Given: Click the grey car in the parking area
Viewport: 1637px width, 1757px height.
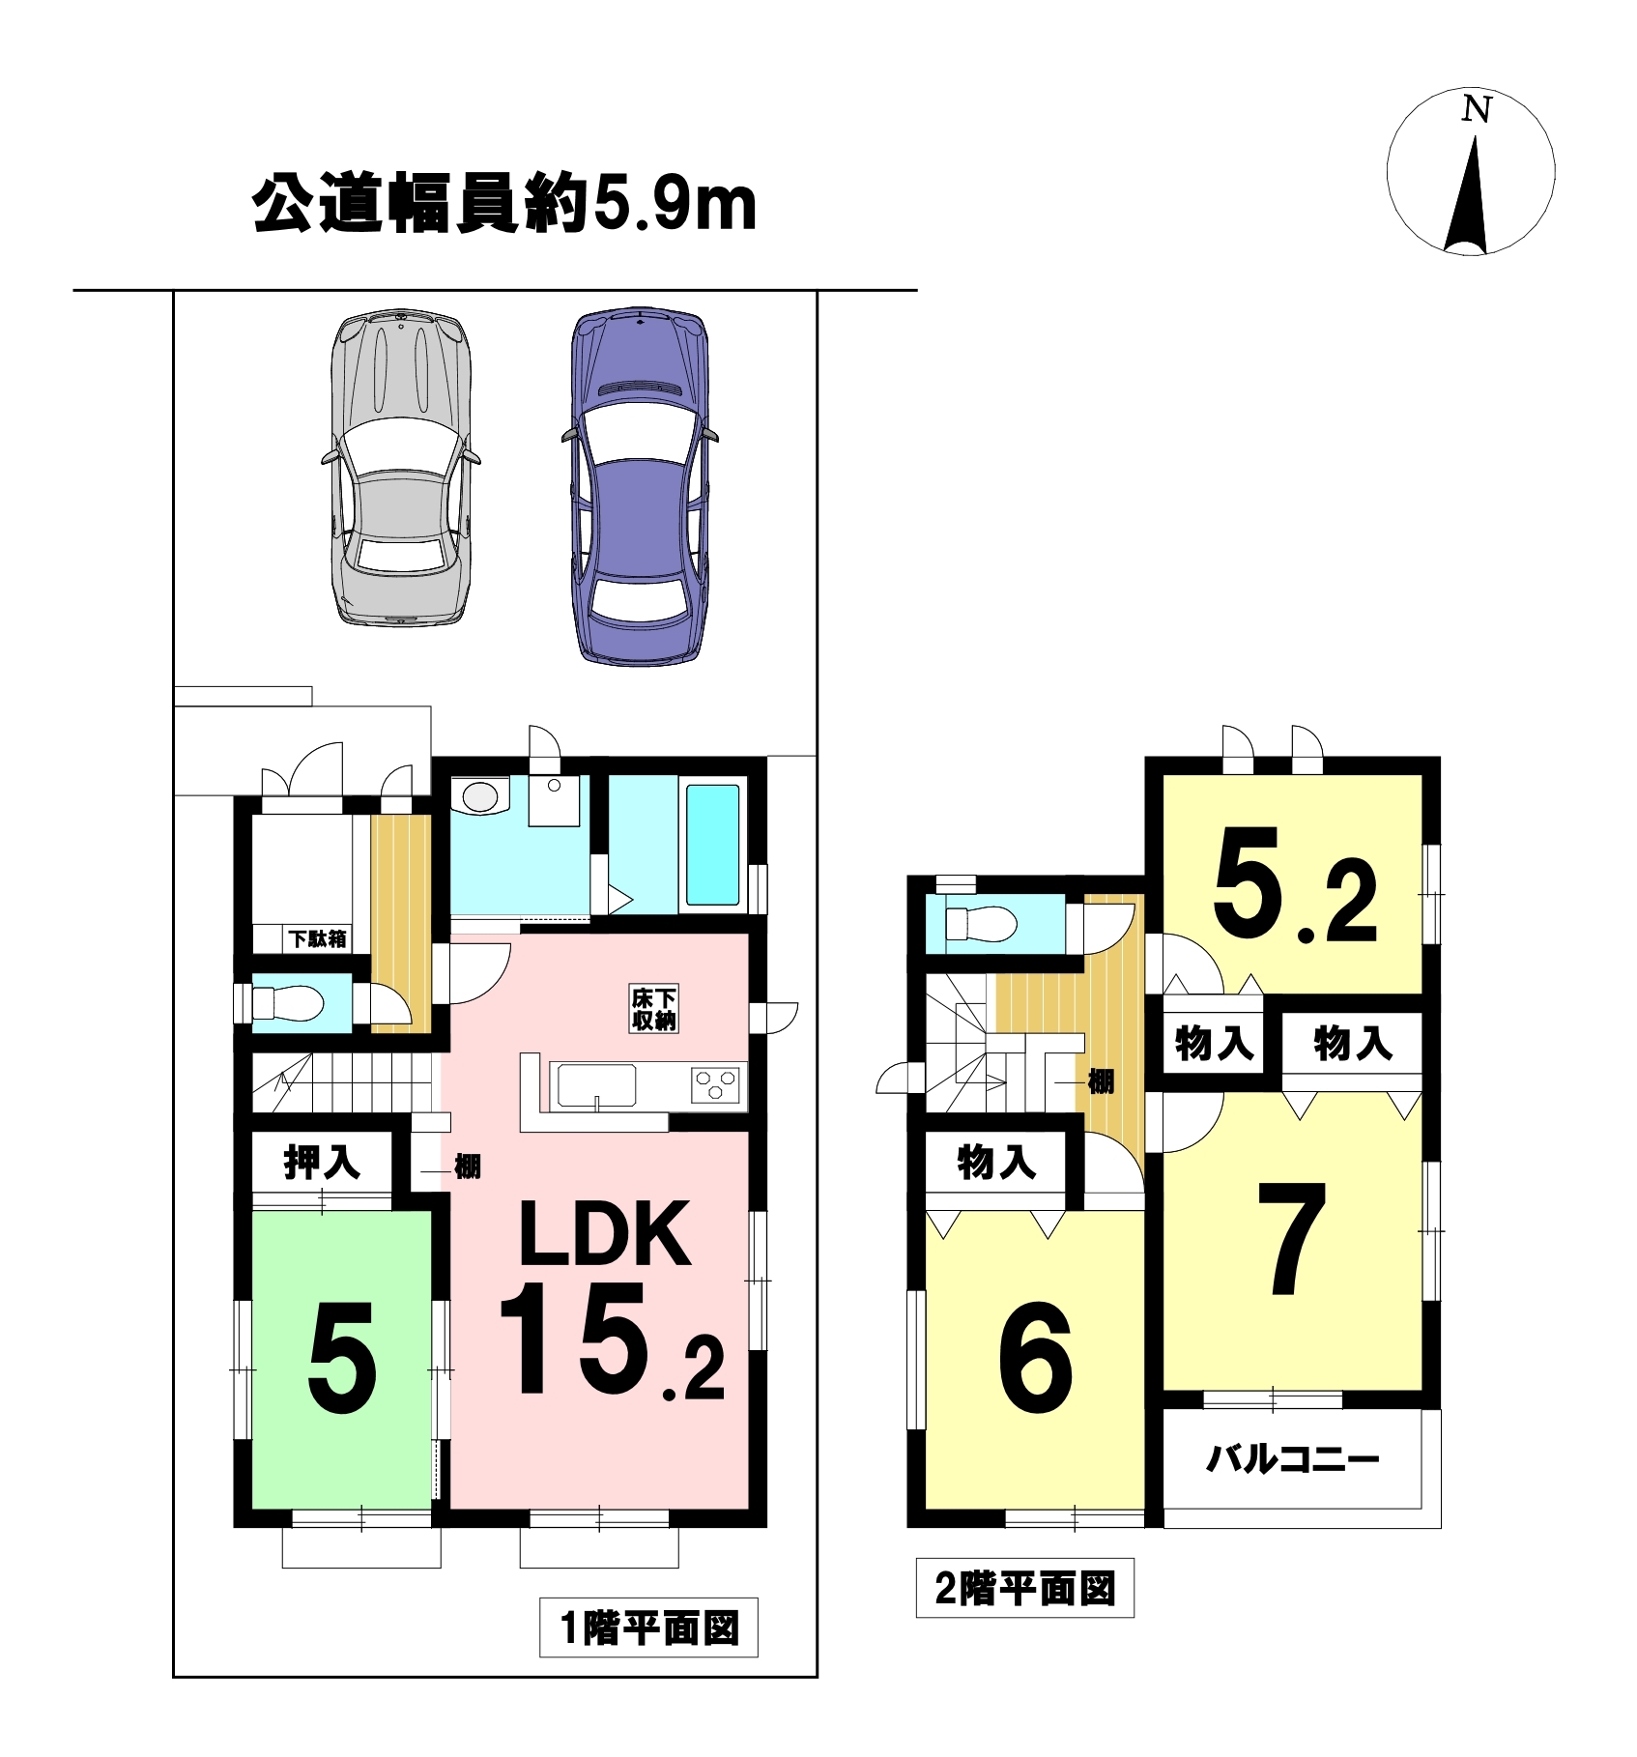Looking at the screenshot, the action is coord(400,468).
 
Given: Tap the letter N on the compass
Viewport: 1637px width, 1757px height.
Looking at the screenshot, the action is coord(1476,109).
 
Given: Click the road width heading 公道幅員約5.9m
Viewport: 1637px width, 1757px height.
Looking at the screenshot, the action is coord(503,204).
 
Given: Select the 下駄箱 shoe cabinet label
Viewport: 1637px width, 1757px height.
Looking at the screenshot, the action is coord(318,937).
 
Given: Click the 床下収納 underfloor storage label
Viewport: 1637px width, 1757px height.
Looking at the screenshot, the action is coord(654,1009).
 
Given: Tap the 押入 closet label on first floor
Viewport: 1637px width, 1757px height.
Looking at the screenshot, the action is coord(322,1162).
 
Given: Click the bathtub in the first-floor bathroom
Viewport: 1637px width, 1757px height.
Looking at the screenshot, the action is coord(713,845).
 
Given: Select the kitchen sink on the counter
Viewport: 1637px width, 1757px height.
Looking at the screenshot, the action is coord(593,1085).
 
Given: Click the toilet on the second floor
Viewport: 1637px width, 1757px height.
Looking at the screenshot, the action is coord(981,924).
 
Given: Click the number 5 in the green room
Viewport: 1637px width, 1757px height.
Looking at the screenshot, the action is coord(342,1359).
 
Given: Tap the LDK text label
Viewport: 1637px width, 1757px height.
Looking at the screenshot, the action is coord(606,1234).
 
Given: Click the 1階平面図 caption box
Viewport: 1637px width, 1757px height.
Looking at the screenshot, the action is coord(648,1628).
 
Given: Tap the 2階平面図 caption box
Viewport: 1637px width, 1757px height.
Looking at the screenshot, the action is coord(1024,1588).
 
